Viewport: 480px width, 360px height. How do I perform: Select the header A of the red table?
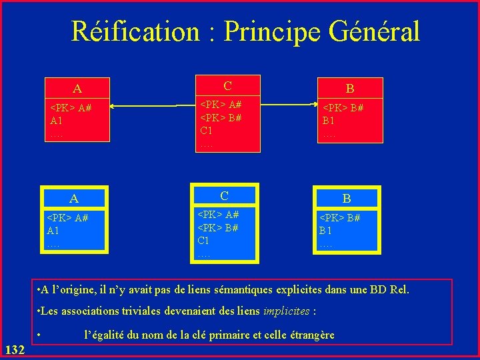click(x=77, y=89)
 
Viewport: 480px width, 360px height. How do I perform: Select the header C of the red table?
click(x=228, y=86)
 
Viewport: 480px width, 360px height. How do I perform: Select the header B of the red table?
click(x=349, y=88)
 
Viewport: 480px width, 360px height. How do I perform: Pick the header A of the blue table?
click(x=74, y=199)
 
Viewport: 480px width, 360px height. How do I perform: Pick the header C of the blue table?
click(x=225, y=196)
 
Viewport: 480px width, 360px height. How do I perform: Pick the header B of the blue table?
click(x=347, y=199)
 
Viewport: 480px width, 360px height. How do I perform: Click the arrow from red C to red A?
click(x=143, y=106)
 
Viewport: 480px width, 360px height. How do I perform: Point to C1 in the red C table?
click(x=208, y=130)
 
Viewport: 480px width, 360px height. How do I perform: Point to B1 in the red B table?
click(x=329, y=121)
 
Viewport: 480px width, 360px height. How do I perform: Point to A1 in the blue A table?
click(x=54, y=231)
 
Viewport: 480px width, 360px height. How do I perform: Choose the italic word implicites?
click(x=287, y=311)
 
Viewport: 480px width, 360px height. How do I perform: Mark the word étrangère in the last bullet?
click(x=310, y=335)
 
